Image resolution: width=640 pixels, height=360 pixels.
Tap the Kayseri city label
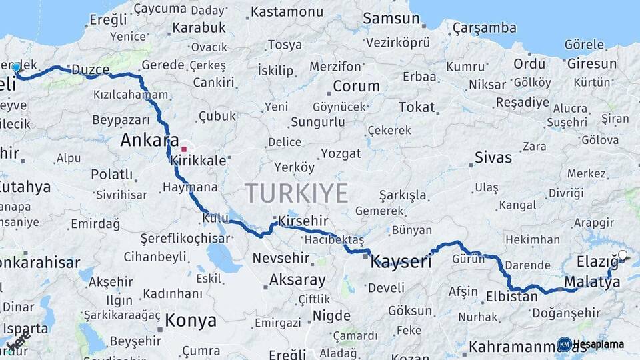click(401, 261)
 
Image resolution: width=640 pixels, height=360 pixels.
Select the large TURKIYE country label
click(297, 193)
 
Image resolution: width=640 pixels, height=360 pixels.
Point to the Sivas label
click(493, 158)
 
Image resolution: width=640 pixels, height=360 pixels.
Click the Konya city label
click(191, 321)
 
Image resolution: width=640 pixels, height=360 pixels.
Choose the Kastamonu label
click(287, 11)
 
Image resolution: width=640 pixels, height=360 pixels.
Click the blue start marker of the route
click(16, 67)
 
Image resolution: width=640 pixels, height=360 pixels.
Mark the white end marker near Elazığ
click(623, 255)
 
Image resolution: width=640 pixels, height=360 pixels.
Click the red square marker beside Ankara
click(184, 149)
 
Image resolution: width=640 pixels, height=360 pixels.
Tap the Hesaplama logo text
click(599, 344)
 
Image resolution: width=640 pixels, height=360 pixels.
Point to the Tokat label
click(417, 107)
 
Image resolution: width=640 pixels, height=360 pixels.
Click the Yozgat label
click(341, 154)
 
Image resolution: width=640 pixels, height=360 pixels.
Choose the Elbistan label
click(512, 297)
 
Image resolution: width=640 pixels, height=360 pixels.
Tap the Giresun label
click(592, 64)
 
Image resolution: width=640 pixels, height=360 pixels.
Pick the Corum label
click(356, 86)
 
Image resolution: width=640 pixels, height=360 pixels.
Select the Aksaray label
click(297, 280)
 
